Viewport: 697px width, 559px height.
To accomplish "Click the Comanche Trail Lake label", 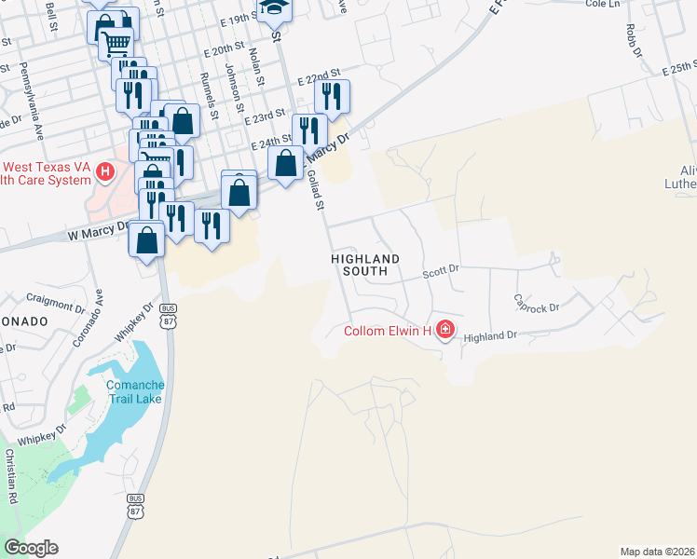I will point(134,392).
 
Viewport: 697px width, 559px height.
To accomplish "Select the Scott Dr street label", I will point(441,272).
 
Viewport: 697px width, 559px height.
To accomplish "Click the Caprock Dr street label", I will point(537,303).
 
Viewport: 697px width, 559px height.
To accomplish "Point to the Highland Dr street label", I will point(489,336).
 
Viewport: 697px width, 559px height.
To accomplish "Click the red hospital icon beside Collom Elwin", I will point(445,330).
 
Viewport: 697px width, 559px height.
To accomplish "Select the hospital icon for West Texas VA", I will point(105,171).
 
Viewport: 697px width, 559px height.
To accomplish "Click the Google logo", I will point(31,548).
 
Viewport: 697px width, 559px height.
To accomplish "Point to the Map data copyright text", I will point(657,551).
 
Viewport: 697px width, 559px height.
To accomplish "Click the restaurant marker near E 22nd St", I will point(330,94).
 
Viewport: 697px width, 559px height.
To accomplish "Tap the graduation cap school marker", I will point(274,8).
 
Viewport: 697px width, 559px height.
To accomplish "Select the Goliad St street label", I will point(315,190).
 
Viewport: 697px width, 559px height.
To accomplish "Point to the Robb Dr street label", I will point(635,42).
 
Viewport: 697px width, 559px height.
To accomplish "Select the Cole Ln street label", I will point(604,5).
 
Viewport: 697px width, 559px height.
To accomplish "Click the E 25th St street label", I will point(678,68).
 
